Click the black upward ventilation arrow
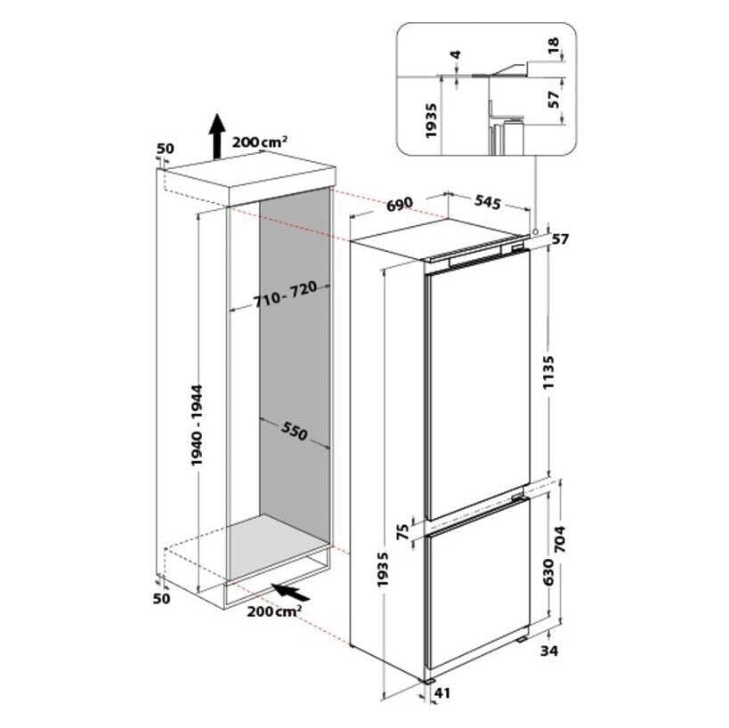[216, 136]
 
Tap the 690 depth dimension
[400, 204]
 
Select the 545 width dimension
[487, 202]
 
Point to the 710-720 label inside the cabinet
[286, 295]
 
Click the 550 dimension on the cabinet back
[295, 432]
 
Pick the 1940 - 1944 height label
[197, 425]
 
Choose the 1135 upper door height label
[548, 372]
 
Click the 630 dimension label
[548, 571]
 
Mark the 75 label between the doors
[403, 531]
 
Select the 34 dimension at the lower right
[548, 651]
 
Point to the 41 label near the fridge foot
[442, 693]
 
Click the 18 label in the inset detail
[554, 46]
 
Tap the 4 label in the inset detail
[456, 55]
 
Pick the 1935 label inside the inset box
[432, 121]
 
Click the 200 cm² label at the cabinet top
[259, 142]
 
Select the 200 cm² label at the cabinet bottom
[274, 611]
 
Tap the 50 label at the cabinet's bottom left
[161, 598]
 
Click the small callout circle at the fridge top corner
[536, 231]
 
